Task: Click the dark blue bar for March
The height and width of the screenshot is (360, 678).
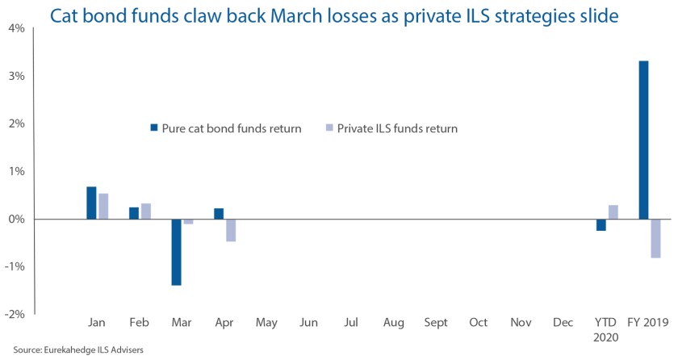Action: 176,252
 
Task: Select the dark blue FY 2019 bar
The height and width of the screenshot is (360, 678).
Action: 643,140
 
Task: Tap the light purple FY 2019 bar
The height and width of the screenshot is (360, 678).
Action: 655,238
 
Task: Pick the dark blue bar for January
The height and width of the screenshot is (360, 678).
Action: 92,203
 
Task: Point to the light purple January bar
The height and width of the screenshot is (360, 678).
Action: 103,206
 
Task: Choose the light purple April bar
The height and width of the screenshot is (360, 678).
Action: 231,230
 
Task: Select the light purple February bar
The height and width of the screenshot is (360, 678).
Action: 146,211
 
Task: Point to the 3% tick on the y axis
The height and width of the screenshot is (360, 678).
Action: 16,76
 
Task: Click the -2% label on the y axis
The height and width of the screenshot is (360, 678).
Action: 15,315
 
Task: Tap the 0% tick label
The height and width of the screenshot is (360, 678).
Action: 16,220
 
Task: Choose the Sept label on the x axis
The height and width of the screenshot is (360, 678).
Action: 436,323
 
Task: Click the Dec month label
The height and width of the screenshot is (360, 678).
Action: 563,323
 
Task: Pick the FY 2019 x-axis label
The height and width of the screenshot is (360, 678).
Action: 650,323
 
